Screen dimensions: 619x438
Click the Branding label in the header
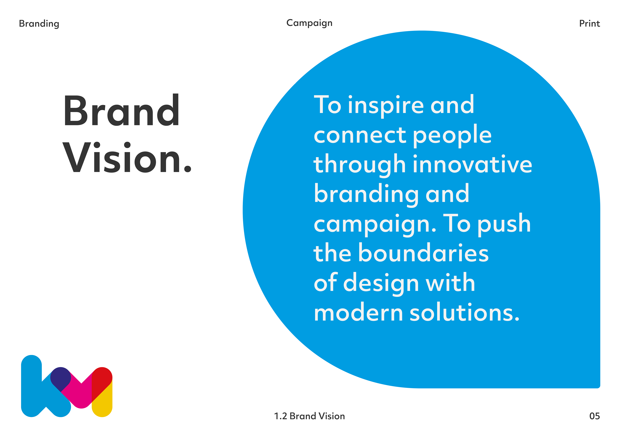(39, 24)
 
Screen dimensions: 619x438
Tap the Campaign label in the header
(309, 23)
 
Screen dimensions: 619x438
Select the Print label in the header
(590, 24)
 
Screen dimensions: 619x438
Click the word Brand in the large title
(122, 110)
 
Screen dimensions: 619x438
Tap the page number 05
(594, 416)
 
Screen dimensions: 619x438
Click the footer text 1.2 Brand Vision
(309, 416)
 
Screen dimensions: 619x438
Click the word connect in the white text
(360, 135)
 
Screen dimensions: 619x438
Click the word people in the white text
(452, 136)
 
